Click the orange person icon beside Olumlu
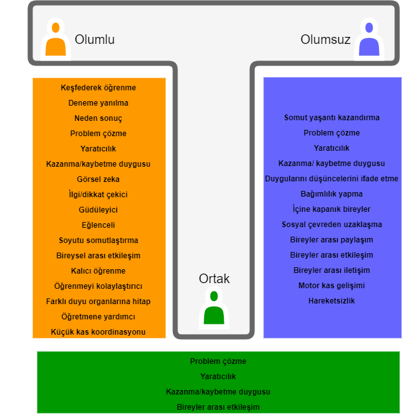tap(55, 39)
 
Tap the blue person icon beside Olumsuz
tap(369, 39)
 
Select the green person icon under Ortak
tap(214, 307)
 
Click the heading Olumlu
tap(95, 39)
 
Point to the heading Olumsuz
tap(326, 39)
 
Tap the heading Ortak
tap(214, 279)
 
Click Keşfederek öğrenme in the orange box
tap(98, 88)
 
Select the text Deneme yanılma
tap(98, 103)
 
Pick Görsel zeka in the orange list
tap(98, 179)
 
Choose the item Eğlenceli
tap(98, 225)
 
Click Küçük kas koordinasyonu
tap(98, 332)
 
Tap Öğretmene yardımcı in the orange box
tap(98, 317)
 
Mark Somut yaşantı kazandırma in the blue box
tap(331, 118)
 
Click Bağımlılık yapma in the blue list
tap(331, 194)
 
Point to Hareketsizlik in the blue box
tap(331, 301)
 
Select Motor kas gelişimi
tap(331, 286)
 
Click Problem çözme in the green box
tap(218, 361)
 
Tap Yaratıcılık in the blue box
tap(331, 148)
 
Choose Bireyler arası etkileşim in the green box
tap(218, 407)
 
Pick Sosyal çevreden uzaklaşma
tap(331, 225)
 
